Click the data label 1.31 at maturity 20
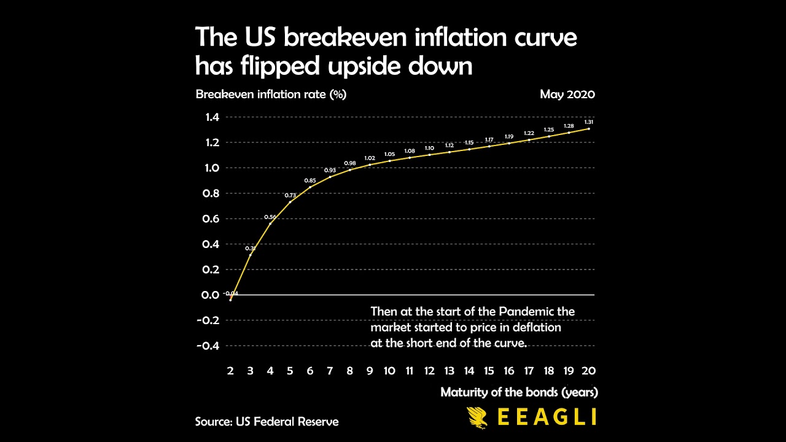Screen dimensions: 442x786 pyautogui.click(x=588, y=122)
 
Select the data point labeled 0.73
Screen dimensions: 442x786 pyautogui.click(x=290, y=202)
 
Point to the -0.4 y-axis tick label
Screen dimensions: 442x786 pyautogui.click(x=208, y=346)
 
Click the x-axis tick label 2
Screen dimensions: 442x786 pyautogui.click(x=230, y=371)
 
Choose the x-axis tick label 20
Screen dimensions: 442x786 pyautogui.click(x=588, y=371)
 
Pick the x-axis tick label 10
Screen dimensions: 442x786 pyautogui.click(x=389, y=371)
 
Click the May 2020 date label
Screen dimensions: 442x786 pyautogui.click(x=567, y=95)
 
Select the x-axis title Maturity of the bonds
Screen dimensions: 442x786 pyautogui.click(x=519, y=392)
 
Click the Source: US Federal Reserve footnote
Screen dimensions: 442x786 pyautogui.click(x=267, y=422)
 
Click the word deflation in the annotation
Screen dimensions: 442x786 pyautogui.click(x=536, y=327)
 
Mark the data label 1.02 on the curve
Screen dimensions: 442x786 pyautogui.click(x=370, y=158)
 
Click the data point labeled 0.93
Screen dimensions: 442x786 pyautogui.click(x=330, y=177)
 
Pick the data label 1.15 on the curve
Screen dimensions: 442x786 pyautogui.click(x=469, y=142)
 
